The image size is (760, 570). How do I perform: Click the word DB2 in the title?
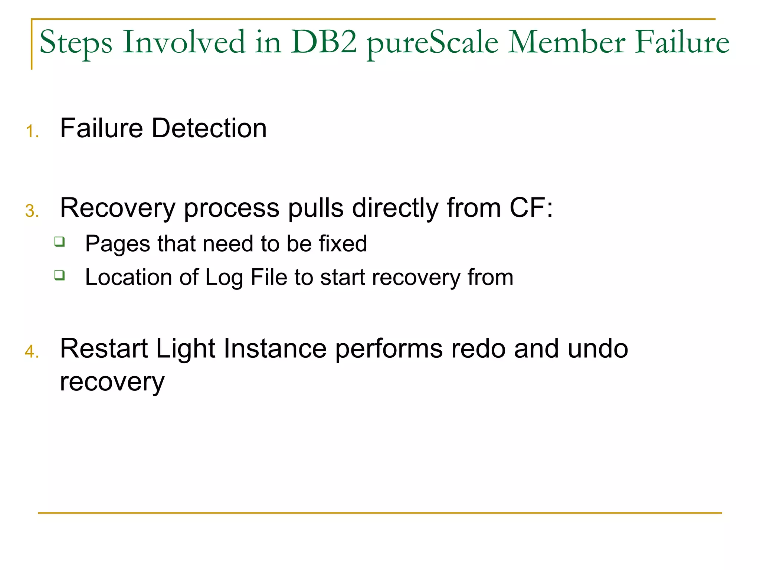(x=324, y=42)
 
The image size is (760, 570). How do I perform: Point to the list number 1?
(x=32, y=132)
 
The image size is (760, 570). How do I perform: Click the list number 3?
(x=32, y=211)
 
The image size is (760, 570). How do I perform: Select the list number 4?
(x=32, y=352)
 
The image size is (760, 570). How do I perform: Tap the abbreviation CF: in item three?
(x=531, y=208)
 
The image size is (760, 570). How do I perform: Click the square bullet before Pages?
(x=59, y=242)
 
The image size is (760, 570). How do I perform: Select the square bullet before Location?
(x=59, y=275)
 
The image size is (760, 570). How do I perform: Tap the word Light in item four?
(x=185, y=349)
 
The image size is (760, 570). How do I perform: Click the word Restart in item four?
(x=104, y=349)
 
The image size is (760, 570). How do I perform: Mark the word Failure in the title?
(x=682, y=42)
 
